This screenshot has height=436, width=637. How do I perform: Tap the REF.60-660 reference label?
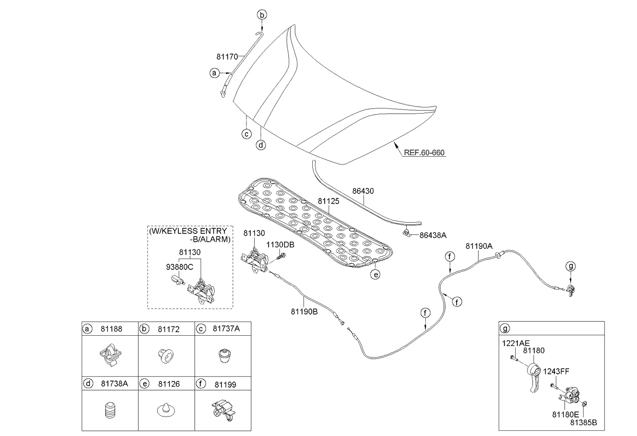[x=424, y=153]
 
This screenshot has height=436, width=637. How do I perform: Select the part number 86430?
[x=363, y=191]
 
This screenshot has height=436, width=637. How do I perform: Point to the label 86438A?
[x=433, y=235]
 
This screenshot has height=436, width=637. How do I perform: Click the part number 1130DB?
[x=280, y=245]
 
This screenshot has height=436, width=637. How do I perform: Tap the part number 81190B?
[x=304, y=311]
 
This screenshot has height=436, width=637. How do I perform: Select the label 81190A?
[x=479, y=246]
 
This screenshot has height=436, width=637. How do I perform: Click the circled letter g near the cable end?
[x=571, y=266]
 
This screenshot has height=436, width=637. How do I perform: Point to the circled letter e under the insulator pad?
[x=376, y=275]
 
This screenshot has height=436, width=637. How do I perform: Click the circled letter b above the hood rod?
[x=262, y=15]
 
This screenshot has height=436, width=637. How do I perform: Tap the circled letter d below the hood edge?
[x=261, y=145]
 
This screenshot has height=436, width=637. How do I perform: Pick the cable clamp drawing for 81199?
[x=222, y=409]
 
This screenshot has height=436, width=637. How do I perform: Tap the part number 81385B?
[x=583, y=423]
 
